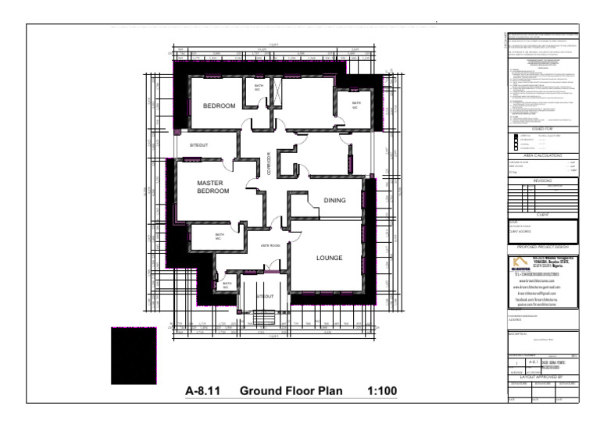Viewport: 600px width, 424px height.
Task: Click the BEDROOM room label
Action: coord(220,105)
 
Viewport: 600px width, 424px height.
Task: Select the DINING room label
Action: coord(334,200)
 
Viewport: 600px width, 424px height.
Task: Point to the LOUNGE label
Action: coord(330,257)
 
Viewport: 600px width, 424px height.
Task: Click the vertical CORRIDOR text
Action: coord(268,163)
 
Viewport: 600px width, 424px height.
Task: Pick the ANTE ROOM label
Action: coord(270,246)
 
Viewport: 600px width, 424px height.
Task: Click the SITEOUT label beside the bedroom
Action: coord(188,145)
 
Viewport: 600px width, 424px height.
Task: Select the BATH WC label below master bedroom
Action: coord(220,237)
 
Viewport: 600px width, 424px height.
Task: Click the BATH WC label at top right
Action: coord(356,105)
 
